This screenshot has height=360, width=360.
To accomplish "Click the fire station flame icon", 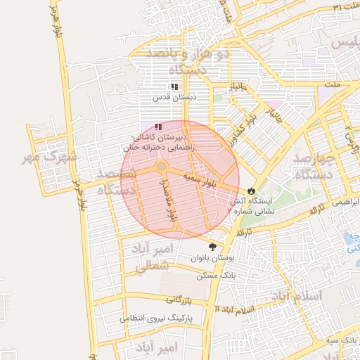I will [x=252, y=191].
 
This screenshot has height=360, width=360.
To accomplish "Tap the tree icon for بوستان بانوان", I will [x=213, y=247].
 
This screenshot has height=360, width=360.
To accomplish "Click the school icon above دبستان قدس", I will [x=174, y=86].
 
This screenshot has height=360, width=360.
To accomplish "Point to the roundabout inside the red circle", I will [x=162, y=166].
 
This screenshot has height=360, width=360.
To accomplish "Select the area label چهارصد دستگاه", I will [x=314, y=165].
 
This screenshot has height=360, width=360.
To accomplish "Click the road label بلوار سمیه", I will [x=198, y=179].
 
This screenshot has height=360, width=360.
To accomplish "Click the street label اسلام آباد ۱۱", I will [x=237, y=309].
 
